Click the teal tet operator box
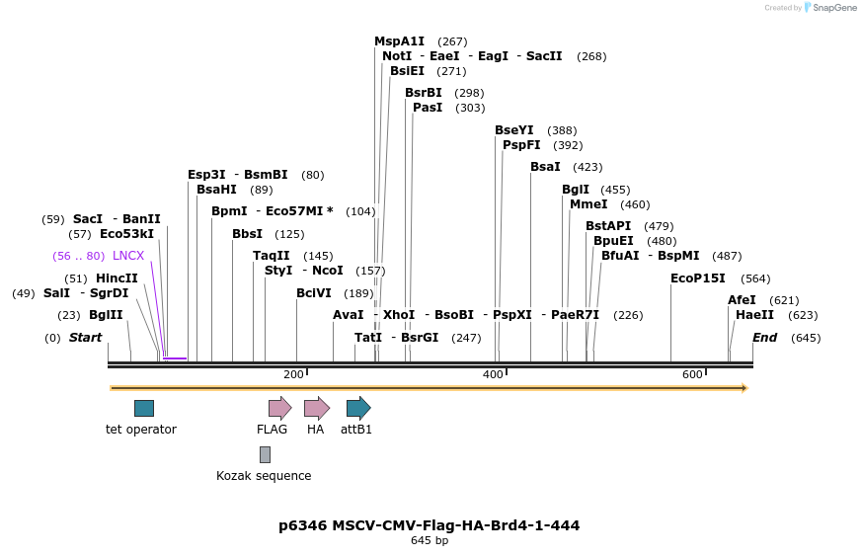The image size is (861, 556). click(144, 408)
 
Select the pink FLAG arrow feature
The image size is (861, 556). click(279, 408)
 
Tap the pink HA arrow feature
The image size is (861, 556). click(316, 408)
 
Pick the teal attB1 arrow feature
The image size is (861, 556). click(357, 408)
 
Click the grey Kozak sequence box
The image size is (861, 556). click(265, 454)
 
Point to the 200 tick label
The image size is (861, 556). click(293, 374)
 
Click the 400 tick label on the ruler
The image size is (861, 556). click(493, 374)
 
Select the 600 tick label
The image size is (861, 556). click(692, 374)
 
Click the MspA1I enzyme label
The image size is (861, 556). click(399, 41)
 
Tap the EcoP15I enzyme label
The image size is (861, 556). click(697, 278)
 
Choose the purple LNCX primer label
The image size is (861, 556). click(128, 256)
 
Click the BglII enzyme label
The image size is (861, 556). click(106, 315)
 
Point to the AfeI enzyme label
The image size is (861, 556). click(742, 300)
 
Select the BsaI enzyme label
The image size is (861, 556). click(545, 167)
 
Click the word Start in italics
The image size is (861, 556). click(85, 338)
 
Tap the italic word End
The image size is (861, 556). click(764, 338)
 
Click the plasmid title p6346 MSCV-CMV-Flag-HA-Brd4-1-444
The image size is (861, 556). click(429, 525)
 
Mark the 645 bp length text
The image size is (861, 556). click(430, 540)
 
